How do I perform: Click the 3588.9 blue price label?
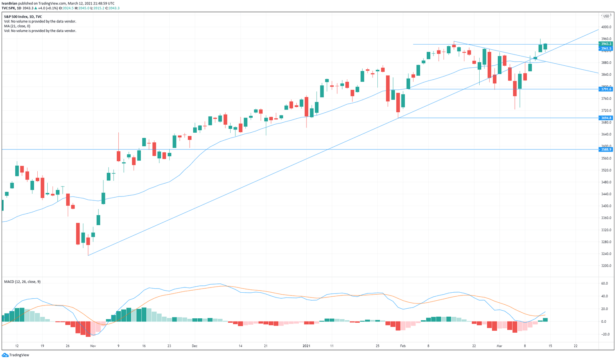[x=606, y=150]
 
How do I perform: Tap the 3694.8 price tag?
[x=606, y=118]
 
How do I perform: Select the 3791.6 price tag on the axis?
[x=606, y=89]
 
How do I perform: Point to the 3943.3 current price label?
[x=606, y=44]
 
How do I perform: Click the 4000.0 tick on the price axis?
[x=606, y=27]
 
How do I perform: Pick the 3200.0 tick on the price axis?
[x=606, y=266]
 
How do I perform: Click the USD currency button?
[x=606, y=16]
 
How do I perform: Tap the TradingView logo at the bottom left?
[x=16, y=355]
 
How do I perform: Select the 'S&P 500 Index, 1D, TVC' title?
[x=23, y=17]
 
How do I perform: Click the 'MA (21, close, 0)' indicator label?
[x=17, y=26]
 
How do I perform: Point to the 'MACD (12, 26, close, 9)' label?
[x=22, y=282]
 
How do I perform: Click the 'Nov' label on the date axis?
[x=93, y=346]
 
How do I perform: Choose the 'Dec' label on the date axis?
[x=195, y=346]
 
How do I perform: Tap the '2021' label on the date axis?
[x=306, y=346]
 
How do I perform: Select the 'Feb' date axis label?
[x=403, y=346]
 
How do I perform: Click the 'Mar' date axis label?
[x=499, y=346]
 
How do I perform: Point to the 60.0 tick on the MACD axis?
[x=604, y=283]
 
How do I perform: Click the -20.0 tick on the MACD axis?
[x=604, y=334]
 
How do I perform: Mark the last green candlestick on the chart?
[x=545, y=46]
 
